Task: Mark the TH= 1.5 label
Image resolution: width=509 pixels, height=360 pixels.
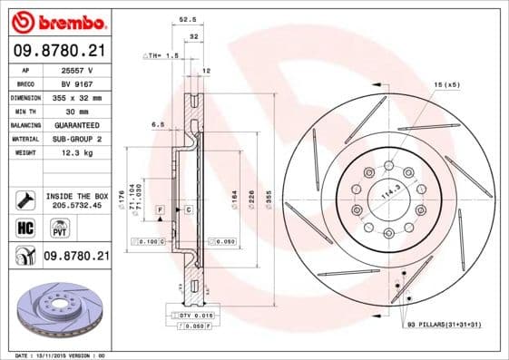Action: tap(160, 55)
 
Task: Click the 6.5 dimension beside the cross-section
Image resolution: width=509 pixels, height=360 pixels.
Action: tap(157, 124)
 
